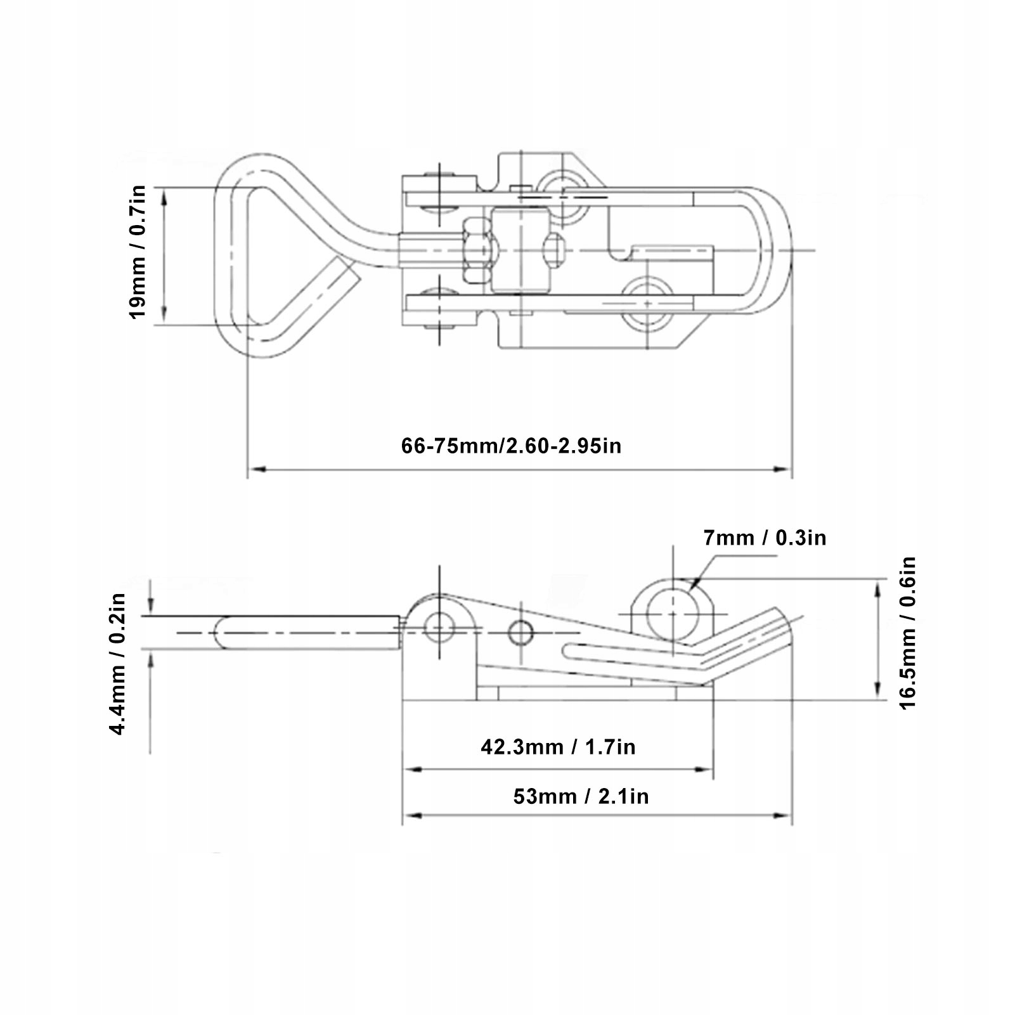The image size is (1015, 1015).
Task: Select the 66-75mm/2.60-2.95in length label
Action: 512,446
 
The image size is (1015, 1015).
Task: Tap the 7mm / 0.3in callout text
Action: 765,538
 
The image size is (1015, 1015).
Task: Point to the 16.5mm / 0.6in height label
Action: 908,633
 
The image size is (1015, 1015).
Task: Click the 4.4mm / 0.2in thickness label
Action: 119,663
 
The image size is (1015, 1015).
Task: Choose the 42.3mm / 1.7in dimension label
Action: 558,747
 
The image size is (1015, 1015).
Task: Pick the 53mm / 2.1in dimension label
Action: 581,796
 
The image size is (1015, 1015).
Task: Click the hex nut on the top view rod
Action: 476,250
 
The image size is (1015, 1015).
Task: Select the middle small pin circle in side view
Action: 520,632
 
